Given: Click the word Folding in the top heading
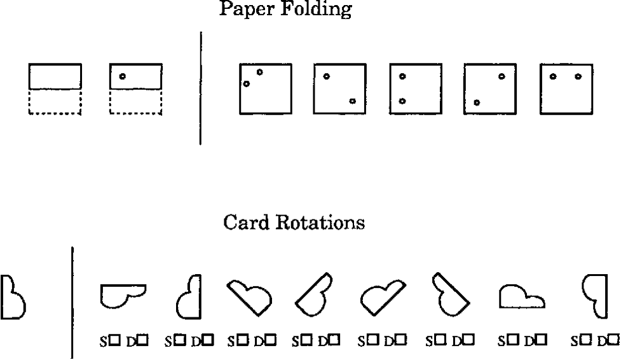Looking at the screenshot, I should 318,10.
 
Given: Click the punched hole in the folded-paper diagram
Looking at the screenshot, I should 122,76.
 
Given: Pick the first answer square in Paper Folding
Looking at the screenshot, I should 265,88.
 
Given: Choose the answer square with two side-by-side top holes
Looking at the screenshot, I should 566,88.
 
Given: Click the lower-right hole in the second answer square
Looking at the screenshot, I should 352,101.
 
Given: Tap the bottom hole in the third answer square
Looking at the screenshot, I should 402,101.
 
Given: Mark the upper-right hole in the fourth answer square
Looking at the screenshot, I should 502,76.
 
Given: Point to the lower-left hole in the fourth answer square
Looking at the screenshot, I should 476,102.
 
